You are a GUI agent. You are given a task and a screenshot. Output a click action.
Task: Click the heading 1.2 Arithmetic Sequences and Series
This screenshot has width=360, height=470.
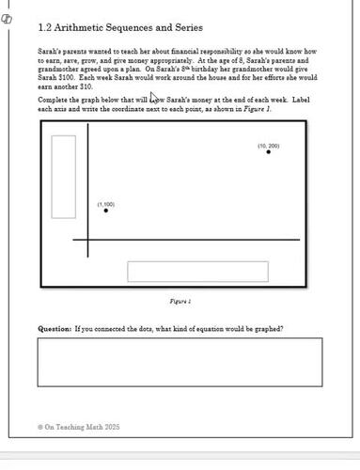[119, 28]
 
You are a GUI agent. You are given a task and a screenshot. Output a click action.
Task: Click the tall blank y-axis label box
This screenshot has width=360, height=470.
[63, 177]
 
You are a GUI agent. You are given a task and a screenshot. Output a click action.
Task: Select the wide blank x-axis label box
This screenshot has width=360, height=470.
[197, 272]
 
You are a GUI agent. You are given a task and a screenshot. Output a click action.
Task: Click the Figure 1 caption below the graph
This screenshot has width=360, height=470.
[180, 302]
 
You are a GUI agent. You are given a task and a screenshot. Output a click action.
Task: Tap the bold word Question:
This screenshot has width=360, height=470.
[55, 329]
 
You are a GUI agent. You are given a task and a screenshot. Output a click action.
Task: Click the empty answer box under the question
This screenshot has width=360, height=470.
[180, 362]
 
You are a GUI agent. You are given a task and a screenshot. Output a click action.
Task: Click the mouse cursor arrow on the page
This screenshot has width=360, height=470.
[154, 99]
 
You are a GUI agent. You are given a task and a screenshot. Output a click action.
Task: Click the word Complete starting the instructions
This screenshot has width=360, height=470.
[54, 99]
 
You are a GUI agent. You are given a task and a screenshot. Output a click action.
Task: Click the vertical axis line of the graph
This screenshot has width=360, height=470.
[88, 188]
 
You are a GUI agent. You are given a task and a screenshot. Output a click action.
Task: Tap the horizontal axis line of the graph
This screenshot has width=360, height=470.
[188, 240]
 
